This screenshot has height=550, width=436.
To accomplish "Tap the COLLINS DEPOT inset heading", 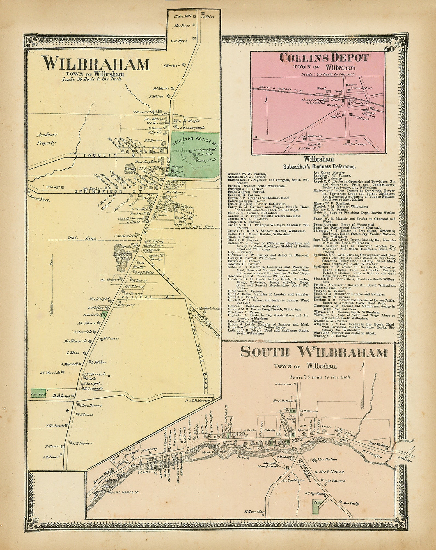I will (x=324, y=58).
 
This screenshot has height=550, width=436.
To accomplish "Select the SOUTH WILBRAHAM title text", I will (x=314, y=352).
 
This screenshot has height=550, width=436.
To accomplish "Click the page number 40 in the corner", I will (x=388, y=49).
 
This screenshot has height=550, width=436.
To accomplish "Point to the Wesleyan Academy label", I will (x=195, y=140).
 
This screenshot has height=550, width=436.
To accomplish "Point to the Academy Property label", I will (x=47, y=138).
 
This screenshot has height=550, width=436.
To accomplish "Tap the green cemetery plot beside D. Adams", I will (x=38, y=393).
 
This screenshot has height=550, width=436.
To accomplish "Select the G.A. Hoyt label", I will (x=179, y=41).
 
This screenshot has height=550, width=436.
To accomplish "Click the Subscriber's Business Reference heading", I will (x=319, y=166).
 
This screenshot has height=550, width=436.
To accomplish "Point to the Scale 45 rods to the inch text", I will (x=320, y=377).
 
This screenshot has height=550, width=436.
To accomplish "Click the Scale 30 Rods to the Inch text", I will (x=91, y=79).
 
